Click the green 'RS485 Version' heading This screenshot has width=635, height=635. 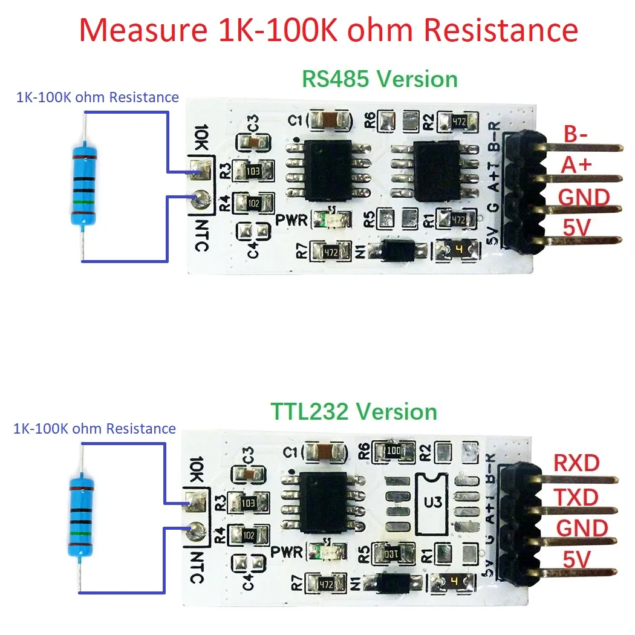(380, 79)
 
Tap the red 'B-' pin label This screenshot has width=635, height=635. (576, 134)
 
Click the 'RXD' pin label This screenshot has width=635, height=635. (576, 463)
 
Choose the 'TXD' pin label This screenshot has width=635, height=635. (576, 497)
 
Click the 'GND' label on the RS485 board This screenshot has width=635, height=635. (583, 198)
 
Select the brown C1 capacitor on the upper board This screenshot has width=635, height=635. (330, 120)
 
